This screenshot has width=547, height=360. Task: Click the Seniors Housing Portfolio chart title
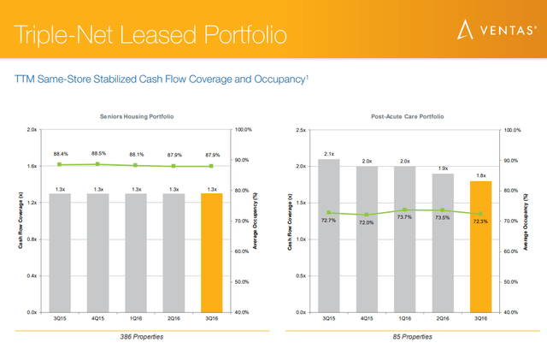pos(137,115)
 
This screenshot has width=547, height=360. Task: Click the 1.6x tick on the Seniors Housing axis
pos(31,166)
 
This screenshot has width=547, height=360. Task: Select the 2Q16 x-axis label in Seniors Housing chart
pos(174,318)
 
